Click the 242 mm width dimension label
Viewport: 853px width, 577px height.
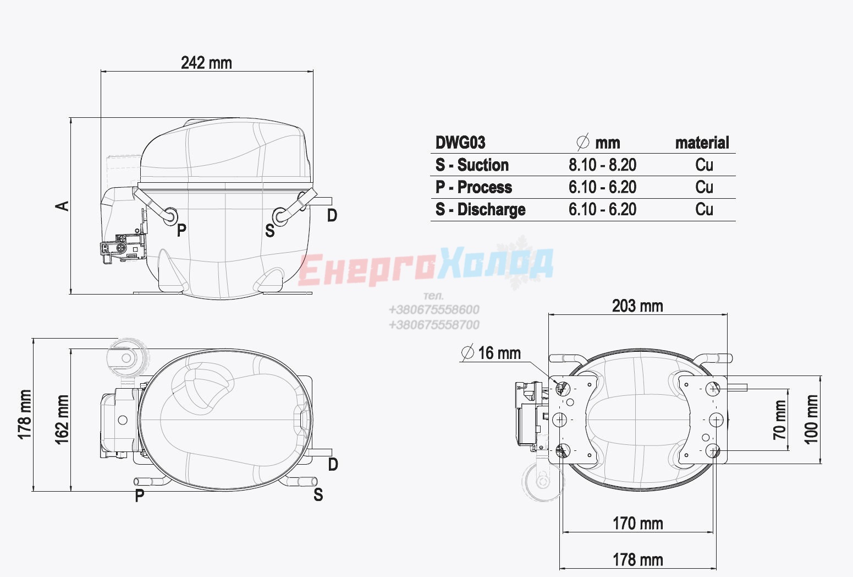pyautogui.click(x=206, y=63)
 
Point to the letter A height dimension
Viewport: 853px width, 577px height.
pyautogui.click(x=62, y=206)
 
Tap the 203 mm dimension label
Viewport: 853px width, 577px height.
pyautogui.click(x=637, y=306)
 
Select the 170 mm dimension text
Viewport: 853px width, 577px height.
pyautogui.click(x=638, y=524)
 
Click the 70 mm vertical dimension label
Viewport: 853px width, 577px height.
pyautogui.click(x=779, y=420)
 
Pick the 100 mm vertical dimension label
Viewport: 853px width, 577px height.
pyautogui.click(x=811, y=420)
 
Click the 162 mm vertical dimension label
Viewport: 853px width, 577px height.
pyautogui.click(x=62, y=420)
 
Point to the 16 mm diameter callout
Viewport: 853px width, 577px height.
pyautogui.click(x=491, y=352)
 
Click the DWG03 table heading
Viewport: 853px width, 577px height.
pyautogui.click(x=460, y=143)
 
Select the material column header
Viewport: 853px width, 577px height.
pyautogui.click(x=702, y=143)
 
